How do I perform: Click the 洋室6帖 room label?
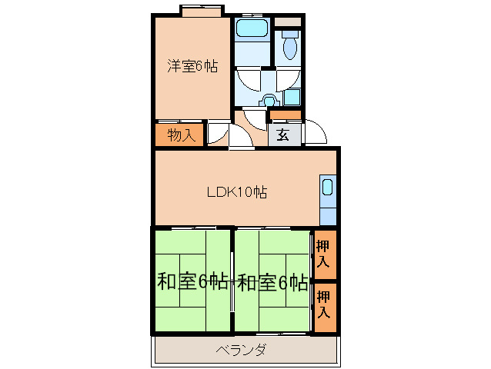point(192,66)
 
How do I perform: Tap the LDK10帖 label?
point(236,192)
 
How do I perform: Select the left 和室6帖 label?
point(192,282)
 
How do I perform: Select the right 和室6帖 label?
point(272,282)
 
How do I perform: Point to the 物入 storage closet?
point(180,135)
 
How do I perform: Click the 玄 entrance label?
point(282,135)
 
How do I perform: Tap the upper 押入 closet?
point(324,254)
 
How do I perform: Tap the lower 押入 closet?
point(324,306)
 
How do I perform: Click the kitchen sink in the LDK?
point(327,188)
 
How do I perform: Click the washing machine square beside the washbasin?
point(291,98)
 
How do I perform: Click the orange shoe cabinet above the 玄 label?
point(286,116)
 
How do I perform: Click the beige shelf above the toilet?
point(289,21)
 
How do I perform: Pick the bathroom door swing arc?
point(250,81)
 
